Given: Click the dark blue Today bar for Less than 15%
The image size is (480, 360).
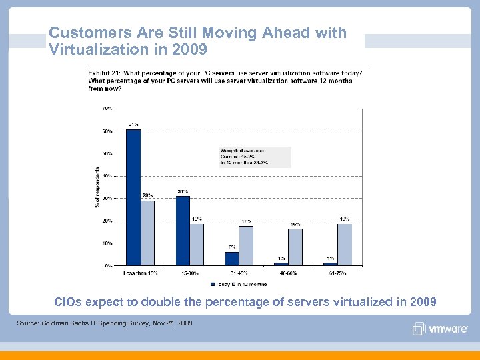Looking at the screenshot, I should click(x=133, y=197).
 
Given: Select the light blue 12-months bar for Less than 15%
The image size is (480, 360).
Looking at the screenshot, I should click(x=147, y=233).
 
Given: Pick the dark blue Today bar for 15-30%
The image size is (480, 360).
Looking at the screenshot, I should click(x=183, y=231).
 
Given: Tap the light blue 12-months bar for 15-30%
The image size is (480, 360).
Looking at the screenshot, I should click(x=197, y=244).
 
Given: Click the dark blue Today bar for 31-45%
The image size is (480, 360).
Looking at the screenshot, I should click(x=231, y=259).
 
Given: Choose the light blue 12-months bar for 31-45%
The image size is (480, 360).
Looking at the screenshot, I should click(x=246, y=246).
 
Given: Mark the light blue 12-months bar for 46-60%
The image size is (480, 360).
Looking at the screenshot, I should click(x=295, y=247).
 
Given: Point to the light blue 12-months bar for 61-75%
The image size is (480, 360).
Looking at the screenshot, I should click(x=344, y=245).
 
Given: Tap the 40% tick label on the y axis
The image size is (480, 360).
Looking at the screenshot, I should click(x=107, y=175).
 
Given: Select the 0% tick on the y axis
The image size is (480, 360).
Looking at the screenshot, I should click(x=108, y=265).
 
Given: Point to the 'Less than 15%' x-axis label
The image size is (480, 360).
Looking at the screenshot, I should click(x=140, y=272).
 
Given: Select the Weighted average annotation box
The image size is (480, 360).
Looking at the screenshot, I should click(x=255, y=157).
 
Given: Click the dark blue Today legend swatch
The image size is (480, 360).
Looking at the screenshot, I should click(x=213, y=283).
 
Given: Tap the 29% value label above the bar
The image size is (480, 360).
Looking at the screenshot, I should click(x=147, y=195).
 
